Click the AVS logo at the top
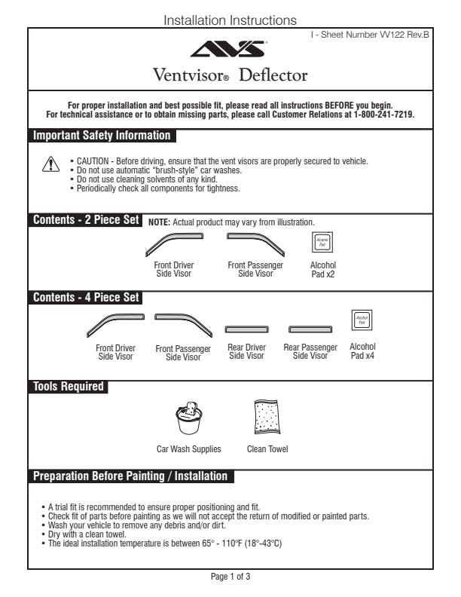click(x=229, y=50)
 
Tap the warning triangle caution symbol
click(x=49, y=166)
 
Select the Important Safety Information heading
click(x=102, y=136)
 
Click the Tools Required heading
click(x=69, y=387)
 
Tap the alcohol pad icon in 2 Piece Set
click(x=323, y=243)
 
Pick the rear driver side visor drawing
click(x=247, y=330)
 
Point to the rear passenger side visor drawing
click(x=310, y=330)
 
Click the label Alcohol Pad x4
click(x=362, y=351)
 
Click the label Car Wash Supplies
click(x=189, y=449)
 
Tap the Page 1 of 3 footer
click(x=230, y=577)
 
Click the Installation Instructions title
click(x=230, y=20)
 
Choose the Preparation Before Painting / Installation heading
click(x=130, y=476)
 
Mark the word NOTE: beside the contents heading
click(x=160, y=222)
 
